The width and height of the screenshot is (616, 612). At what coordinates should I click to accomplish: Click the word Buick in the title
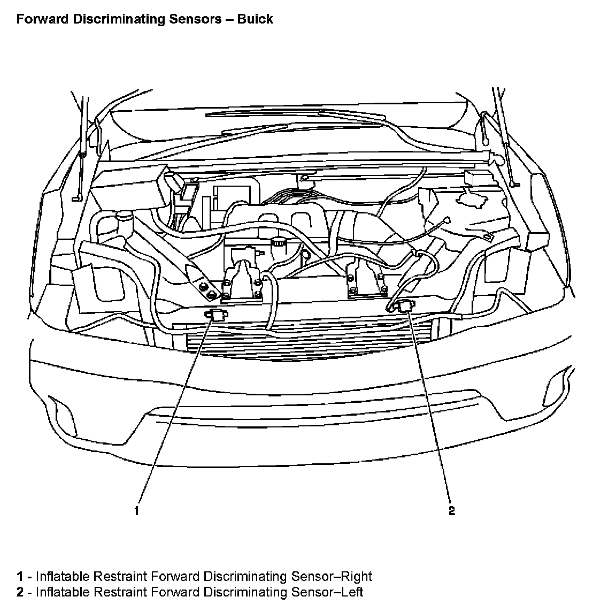(255, 19)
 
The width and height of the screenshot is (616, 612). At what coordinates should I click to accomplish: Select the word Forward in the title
(42, 19)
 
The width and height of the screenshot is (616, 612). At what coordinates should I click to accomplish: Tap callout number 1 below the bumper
(137, 510)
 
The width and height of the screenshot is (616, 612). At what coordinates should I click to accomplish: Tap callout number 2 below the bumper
(452, 510)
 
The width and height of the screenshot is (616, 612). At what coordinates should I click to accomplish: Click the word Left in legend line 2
(353, 592)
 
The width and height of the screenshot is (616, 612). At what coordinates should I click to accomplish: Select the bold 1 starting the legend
(20, 577)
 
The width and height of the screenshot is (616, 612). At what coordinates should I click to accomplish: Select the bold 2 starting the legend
(20, 592)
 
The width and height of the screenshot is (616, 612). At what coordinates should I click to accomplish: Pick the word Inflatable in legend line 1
(63, 577)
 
